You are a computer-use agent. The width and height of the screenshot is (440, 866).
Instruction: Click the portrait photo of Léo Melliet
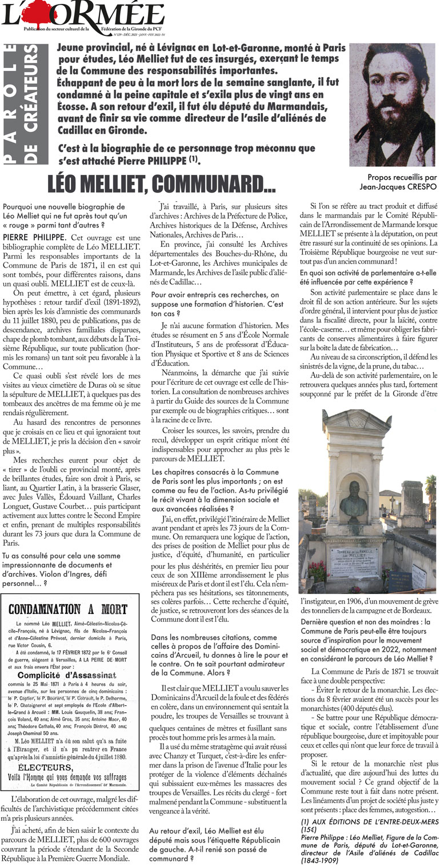392,105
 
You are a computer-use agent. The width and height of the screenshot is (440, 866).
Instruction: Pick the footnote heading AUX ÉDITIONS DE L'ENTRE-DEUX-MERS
368,820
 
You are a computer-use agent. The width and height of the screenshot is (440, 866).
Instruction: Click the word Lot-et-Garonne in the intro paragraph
241,48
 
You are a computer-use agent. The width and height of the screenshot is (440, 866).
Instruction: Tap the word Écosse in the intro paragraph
75,109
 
